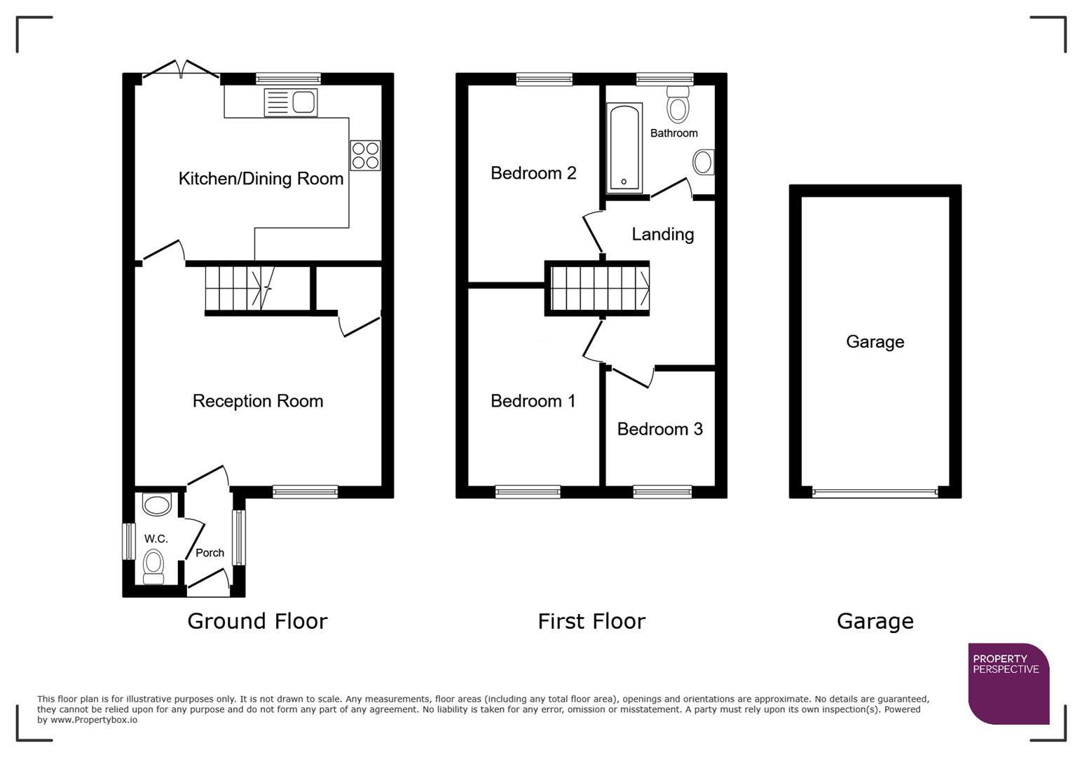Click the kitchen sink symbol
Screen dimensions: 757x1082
[x=291, y=102]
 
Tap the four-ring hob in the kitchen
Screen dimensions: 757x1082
[x=365, y=156]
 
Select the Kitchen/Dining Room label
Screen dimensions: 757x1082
[x=261, y=179]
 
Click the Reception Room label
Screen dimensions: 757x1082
[x=258, y=401]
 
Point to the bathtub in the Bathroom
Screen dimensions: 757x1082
[x=624, y=148]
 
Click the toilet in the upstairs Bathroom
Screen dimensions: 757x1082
[x=678, y=104]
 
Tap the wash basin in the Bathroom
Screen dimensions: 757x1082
[x=703, y=163]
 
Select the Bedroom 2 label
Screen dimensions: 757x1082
[x=533, y=173]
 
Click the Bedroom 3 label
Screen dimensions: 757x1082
[x=659, y=429]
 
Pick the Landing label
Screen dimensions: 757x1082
[x=662, y=234]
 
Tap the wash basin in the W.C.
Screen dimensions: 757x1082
[x=156, y=505]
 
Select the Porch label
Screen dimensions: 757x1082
[x=210, y=553]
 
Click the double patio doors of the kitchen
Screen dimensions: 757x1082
[x=181, y=70]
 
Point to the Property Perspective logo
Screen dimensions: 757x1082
[x=1008, y=683]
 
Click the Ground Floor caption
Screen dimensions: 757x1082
[x=257, y=621]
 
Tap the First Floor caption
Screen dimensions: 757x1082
[x=591, y=621]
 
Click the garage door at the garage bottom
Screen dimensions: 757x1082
[x=875, y=493]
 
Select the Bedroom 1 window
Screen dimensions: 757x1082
[x=528, y=492]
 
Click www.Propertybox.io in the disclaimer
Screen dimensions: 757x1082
[x=94, y=720]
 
